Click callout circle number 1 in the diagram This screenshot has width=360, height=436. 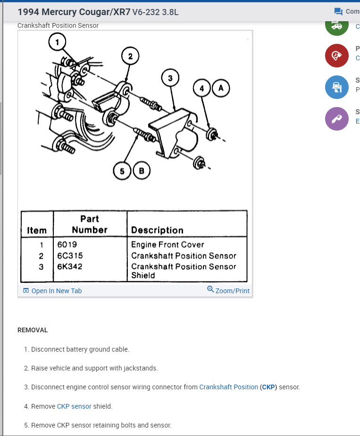58,42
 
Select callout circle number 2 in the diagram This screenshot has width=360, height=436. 131,56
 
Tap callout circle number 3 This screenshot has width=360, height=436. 170,78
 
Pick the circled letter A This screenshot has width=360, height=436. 220,88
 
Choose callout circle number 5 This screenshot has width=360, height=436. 122,171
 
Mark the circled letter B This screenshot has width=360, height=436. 142,171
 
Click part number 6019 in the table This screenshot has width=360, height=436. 67,245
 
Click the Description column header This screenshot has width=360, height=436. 157,230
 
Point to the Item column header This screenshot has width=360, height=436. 37,230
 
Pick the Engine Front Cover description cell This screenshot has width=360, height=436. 167,245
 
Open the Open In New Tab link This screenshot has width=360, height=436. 56,291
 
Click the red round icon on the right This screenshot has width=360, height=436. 336,55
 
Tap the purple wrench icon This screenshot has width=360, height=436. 336,118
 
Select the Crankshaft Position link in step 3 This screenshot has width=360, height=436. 228,387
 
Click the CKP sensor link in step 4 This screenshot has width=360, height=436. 74,406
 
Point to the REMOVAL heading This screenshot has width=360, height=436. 33,330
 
